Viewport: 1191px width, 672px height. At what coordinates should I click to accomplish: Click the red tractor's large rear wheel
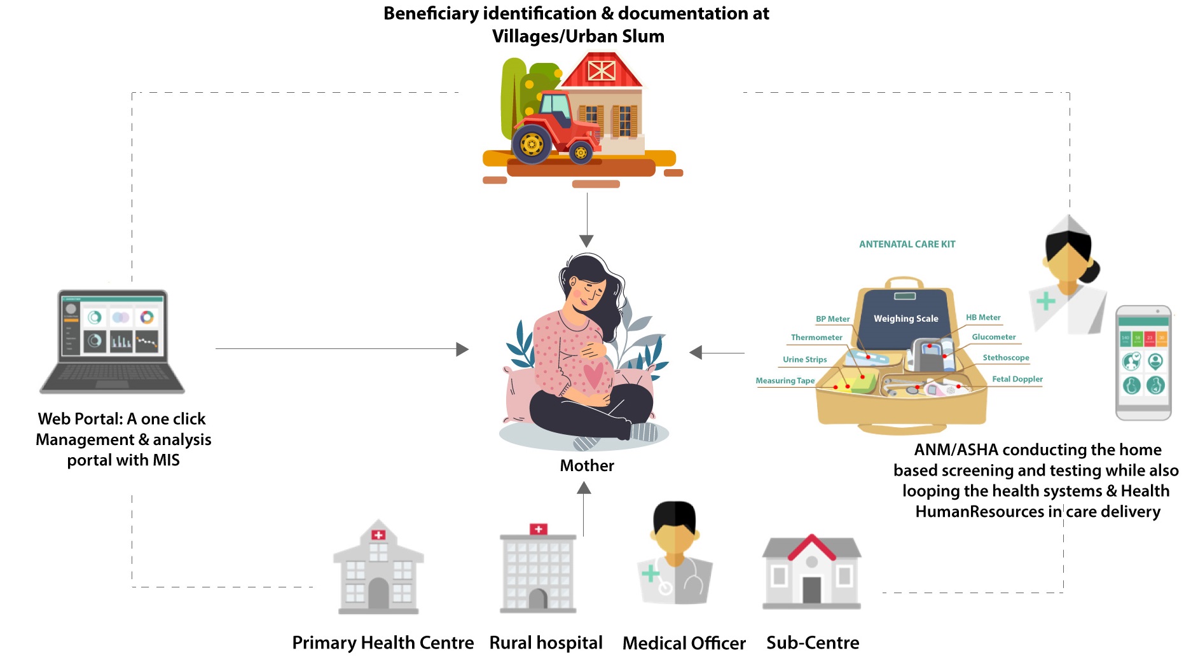pyautogui.click(x=532, y=144)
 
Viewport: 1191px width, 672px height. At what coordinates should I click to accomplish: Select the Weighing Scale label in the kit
pyautogui.click(x=905, y=319)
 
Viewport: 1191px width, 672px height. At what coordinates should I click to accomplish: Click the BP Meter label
pyautogui.click(x=832, y=319)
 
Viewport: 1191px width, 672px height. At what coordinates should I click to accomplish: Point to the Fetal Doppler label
pyautogui.click(x=1017, y=379)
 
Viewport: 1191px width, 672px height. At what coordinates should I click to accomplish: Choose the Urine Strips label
pyautogui.click(x=804, y=359)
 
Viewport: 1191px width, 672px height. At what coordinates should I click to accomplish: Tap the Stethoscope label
pyautogui.click(x=1005, y=358)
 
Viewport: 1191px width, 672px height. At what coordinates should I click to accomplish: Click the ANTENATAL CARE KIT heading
pyautogui.click(x=907, y=244)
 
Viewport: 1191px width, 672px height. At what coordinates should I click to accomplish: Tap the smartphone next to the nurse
pyautogui.click(x=1143, y=362)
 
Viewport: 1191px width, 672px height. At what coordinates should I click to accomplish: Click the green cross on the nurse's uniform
pyautogui.click(x=1045, y=301)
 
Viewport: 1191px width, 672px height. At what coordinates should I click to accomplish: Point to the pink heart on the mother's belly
pyautogui.click(x=593, y=375)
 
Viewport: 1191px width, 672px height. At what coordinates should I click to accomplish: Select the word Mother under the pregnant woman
pyautogui.click(x=586, y=466)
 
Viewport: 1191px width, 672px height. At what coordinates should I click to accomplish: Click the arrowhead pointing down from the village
pyautogui.click(x=586, y=241)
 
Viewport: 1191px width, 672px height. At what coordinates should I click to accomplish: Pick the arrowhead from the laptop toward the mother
pyautogui.click(x=462, y=349)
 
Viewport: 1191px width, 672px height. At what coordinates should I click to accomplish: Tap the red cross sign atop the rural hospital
pyautogui.click(x=538, y=529)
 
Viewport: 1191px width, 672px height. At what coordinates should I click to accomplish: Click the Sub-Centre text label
pyautogui.click(x=812, y=643)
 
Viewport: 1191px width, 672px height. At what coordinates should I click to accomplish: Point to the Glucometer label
pyautogui.click(x=993, y=337)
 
